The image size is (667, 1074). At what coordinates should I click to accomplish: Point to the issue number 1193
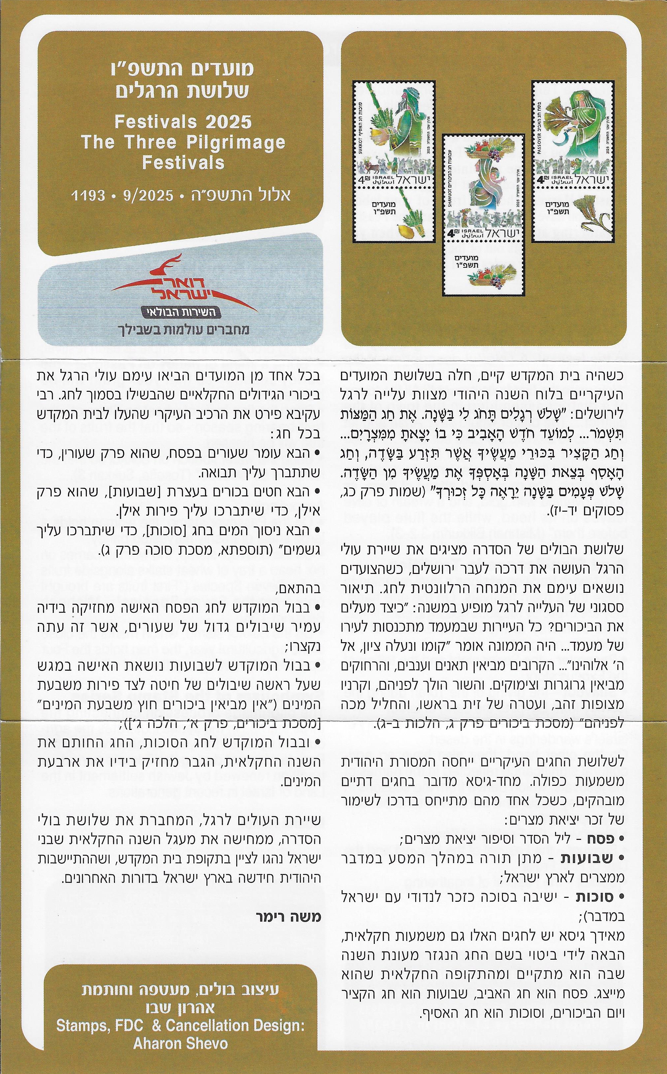point(88,195)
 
